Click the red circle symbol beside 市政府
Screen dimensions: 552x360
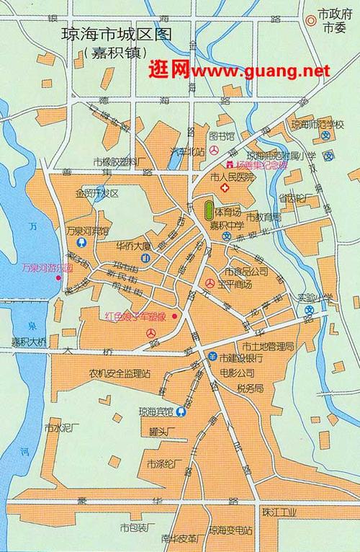click(x=310, y=20)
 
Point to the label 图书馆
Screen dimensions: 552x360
click(x=221, y=135)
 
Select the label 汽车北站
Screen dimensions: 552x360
click(x=186, y=151)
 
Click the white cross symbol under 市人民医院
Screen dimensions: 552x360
click(x=225, y=187)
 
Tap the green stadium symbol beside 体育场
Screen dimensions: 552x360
click(x=209, y=212)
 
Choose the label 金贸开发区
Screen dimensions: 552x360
click(x=96, y=193)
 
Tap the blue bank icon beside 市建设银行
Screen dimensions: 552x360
click(x=212, y=357)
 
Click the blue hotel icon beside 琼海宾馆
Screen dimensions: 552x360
click(x=181, y=413)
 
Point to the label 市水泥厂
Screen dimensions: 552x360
click(x=60, y=427)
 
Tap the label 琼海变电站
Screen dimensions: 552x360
click(x=230, y=531)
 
